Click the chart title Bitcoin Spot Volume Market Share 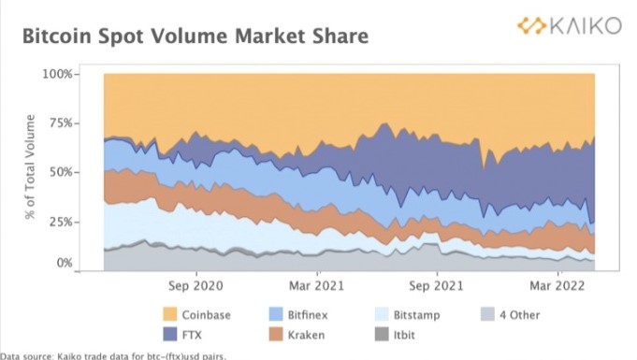195,36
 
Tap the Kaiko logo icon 531,25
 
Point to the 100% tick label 57,75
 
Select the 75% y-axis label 61,123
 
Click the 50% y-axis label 61,172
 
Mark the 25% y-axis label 61,222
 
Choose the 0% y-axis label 65,264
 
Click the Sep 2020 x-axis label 195,286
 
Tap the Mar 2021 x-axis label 316,286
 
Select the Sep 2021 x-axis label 436,286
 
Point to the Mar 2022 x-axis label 557,286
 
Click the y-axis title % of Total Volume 30,166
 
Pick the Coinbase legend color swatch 170,314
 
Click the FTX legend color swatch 170,335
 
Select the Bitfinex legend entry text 308,315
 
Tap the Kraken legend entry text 306,335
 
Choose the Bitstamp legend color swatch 382,314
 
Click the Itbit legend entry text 404,335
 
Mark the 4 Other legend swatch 487,314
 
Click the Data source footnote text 113,356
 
